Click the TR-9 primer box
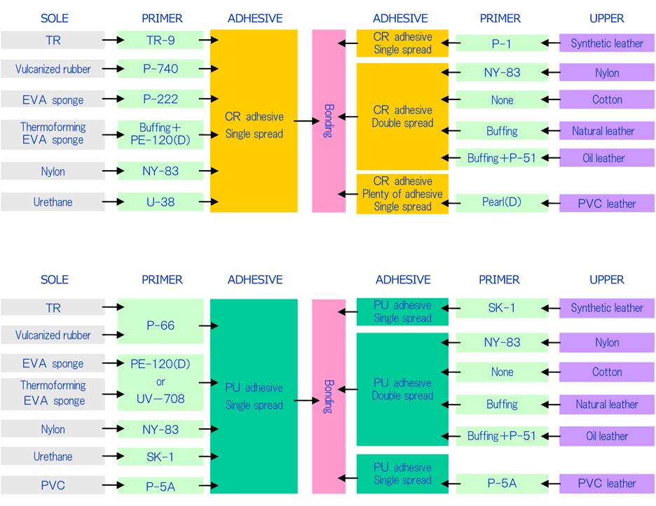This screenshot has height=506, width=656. [160, 40]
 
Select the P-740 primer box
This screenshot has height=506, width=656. [160, 69]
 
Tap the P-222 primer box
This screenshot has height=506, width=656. [160, 99]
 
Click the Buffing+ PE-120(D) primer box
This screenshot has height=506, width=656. [160, 134]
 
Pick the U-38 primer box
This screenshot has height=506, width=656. [160, 202]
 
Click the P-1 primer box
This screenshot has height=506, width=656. [502, 43]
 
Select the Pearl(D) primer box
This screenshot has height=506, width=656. [502, 202]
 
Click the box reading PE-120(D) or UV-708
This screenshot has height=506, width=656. [160, 382]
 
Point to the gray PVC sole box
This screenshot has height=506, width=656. [53, 485]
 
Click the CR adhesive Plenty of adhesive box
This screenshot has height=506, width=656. [402, 194]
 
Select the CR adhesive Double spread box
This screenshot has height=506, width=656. [402, 117]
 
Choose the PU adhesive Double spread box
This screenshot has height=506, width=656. [402, 389]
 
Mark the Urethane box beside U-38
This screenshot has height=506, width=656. [53, 202]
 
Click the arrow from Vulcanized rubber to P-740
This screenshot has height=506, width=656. [114, 69]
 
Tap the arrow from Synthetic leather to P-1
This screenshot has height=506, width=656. [551, 43]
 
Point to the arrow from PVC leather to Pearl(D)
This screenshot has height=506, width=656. [551, 204]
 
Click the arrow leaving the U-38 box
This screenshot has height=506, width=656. [209, 202]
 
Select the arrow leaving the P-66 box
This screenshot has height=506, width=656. [209, 325]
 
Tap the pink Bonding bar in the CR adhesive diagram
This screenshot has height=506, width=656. [329, 121]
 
